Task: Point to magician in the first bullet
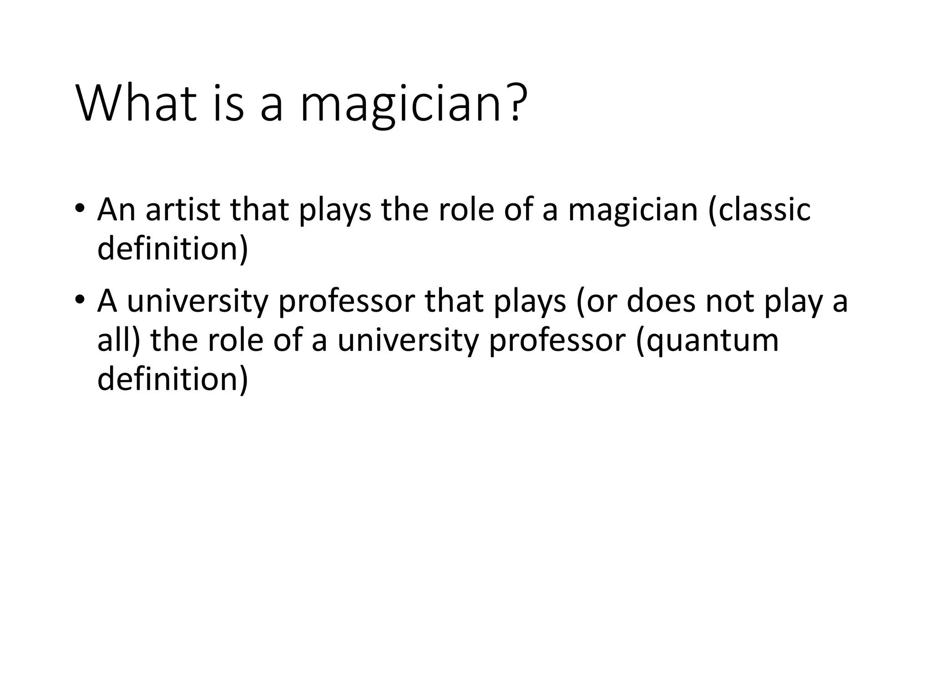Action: pyautogui.click(x=633, y=211)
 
